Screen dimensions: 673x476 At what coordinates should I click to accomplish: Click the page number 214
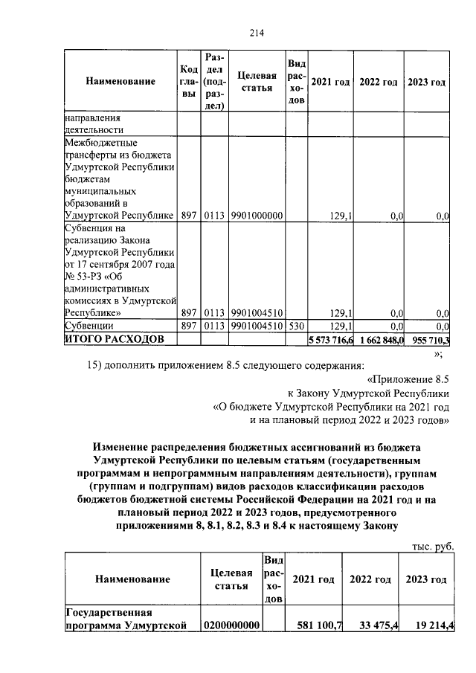(257, 32)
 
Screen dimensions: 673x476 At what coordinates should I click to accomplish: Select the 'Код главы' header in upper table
(188, 81)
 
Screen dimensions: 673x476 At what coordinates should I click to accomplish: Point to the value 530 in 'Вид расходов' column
(295, 326)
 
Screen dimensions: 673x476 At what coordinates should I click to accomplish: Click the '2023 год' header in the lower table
(428, 579)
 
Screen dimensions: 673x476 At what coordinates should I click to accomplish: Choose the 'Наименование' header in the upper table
(120, 81)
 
